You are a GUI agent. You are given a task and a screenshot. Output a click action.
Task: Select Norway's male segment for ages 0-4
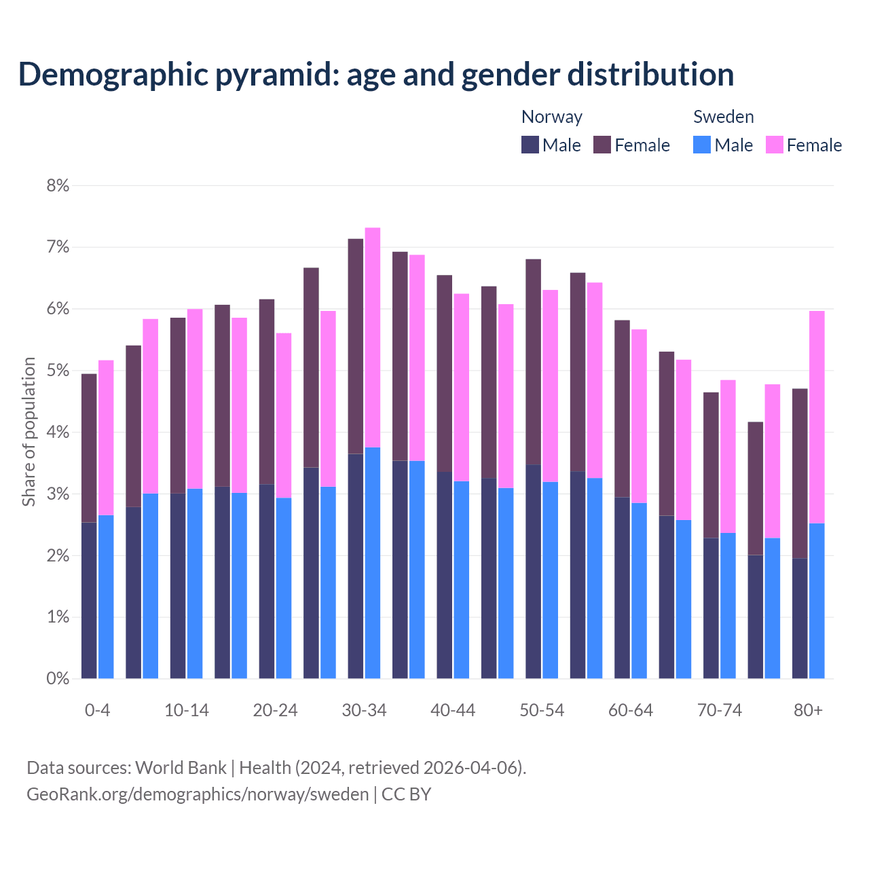pyautogui.click(x=89, y=600)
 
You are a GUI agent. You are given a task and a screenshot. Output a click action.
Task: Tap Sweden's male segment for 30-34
pyautogui.click(x=373, y=563)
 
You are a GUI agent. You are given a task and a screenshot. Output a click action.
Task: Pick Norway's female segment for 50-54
pyautogui.click(x=534, y=362)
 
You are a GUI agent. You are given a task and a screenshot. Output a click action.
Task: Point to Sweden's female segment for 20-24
pyautogui.click(x=284, y=415)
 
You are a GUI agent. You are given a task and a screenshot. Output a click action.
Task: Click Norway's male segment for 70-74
pyautogui.click(x=711, y=608)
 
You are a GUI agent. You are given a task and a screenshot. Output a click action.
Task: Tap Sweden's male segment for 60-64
pyautogui.click(x=639, y=591)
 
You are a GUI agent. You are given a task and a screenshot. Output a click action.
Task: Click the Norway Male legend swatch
pyautogui.click(x=530, y=145)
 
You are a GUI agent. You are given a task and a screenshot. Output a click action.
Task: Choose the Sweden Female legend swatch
pyautogui.click(x=774, y=145)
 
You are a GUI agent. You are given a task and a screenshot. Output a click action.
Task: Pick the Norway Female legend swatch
pyautogui.click(x=602, y=145)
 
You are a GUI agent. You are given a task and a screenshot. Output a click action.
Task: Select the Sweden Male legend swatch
pyautogui.click(x=702, y=145)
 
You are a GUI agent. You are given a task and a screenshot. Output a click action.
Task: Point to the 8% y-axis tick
pyautogui.click(x=58, y=185)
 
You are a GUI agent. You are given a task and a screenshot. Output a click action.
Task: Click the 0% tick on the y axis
pyautogui.click(x=58, y=678)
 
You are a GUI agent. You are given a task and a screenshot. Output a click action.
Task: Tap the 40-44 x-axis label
pyautogui.click(x=453, y=710)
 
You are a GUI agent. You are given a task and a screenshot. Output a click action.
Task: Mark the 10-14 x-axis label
pyautogui.click(x=187, y=710)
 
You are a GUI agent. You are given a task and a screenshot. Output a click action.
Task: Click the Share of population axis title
pyautogui.click(x=29, y=432)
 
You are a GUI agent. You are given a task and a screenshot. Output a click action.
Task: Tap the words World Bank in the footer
pyautogui.click(x=181, y=768)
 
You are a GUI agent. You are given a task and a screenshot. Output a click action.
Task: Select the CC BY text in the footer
pyautogui.click(x=406, y=794)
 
